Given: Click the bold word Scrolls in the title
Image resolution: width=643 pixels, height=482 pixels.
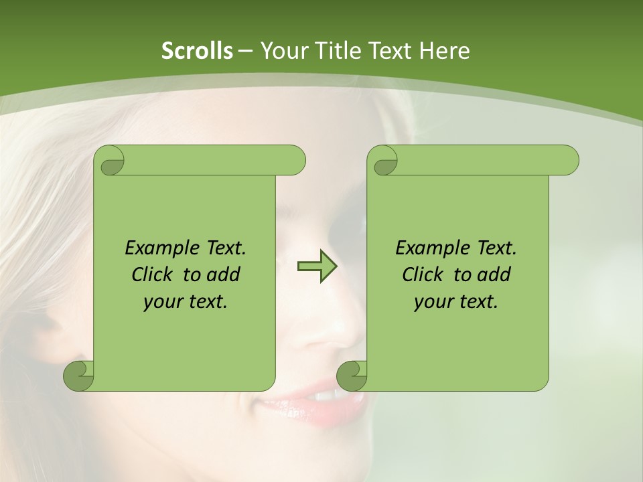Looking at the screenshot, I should (x=197, y=51).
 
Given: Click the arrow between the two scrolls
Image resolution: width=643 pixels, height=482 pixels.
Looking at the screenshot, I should (x=317, y=266).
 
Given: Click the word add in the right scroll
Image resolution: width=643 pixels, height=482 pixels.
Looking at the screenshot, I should (x=494, y=275).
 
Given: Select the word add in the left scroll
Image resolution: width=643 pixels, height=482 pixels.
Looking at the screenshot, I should (x=223, y=275).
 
